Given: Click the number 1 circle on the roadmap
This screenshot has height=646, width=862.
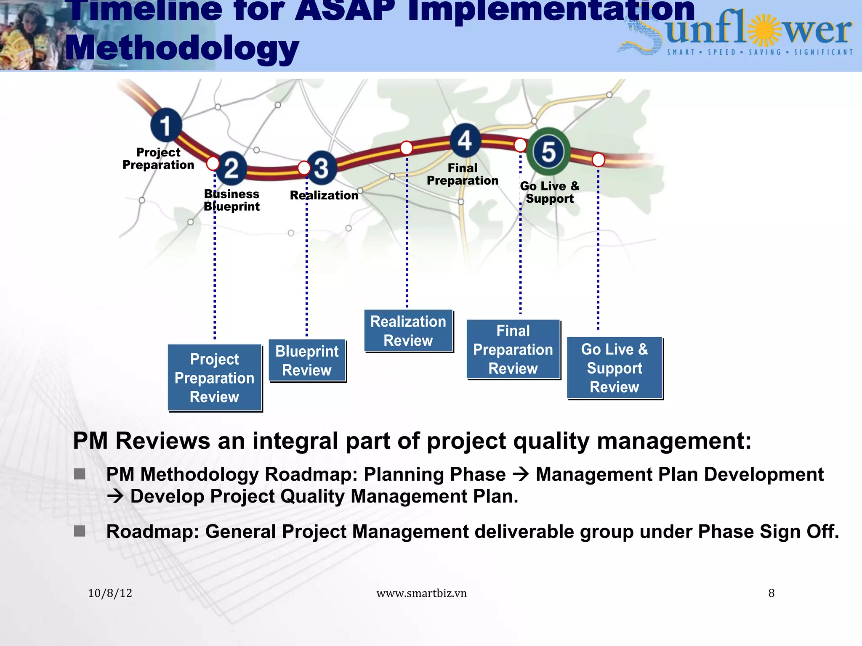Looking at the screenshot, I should point(166,125).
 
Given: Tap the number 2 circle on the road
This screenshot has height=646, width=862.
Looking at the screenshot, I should point(231,168).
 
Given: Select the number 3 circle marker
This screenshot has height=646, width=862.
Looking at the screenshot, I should point(322,168).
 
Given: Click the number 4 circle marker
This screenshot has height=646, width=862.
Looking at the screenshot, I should point(465,140).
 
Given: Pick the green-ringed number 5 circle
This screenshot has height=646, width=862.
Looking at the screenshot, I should point(548,151).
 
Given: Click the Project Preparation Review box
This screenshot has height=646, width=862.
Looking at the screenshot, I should point(215,378).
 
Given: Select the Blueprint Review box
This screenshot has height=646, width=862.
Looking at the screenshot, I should point(307,360).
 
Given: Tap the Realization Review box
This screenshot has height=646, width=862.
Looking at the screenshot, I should point(408,331).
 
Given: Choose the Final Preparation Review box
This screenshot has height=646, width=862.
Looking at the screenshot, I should point(513,349).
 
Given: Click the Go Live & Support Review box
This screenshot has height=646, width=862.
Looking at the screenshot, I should point(615,368).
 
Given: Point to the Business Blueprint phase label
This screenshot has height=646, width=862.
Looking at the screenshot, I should point(231,200).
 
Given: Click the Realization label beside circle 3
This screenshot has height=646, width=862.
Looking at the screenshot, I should point(324,195).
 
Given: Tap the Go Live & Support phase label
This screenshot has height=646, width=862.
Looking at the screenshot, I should point(550,192).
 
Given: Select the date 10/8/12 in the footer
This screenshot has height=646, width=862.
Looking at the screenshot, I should point(110,593).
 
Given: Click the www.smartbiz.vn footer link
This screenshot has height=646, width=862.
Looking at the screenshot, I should point(421,593).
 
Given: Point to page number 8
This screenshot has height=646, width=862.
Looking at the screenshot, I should point(771,593).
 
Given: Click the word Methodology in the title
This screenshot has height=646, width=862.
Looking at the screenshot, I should point(182,48).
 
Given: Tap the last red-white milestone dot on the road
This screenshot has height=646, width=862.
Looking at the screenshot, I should point(598,160).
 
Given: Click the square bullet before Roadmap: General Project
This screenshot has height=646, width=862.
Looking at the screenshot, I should point(80,531).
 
